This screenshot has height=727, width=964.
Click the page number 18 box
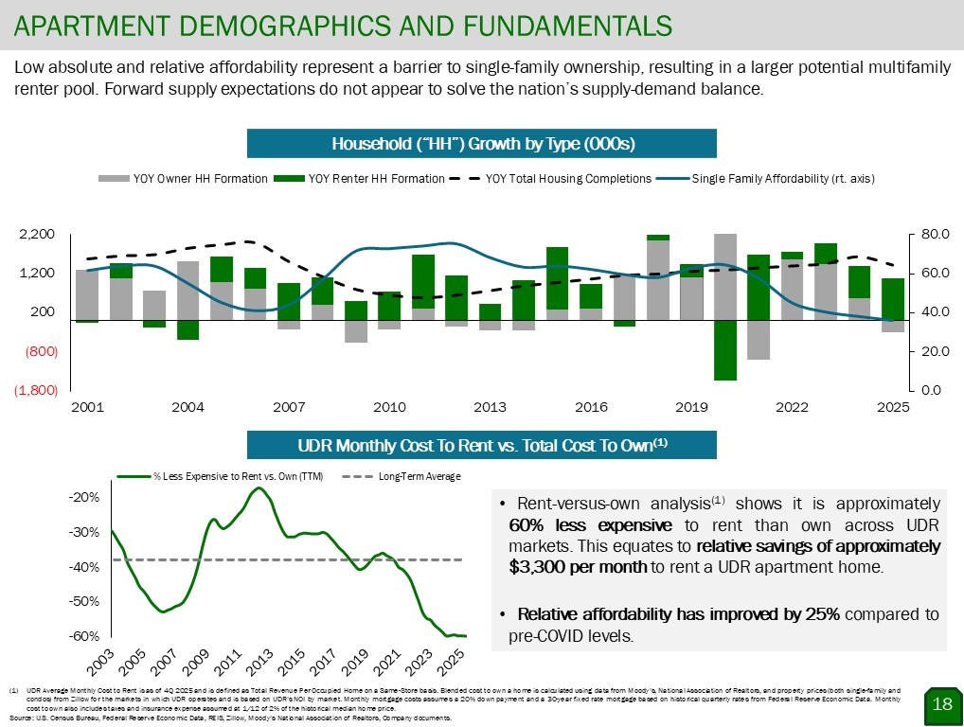click(942, 703)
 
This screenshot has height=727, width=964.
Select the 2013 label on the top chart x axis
click(490, 408)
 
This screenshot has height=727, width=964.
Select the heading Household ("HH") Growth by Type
click(482, 144)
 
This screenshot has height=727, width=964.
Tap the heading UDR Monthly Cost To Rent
click(482, 445)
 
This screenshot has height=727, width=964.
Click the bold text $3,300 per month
click(578, 567)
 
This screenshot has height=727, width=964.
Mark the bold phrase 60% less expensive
click(590, 524)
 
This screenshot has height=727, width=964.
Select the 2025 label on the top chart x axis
click(892, 408)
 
